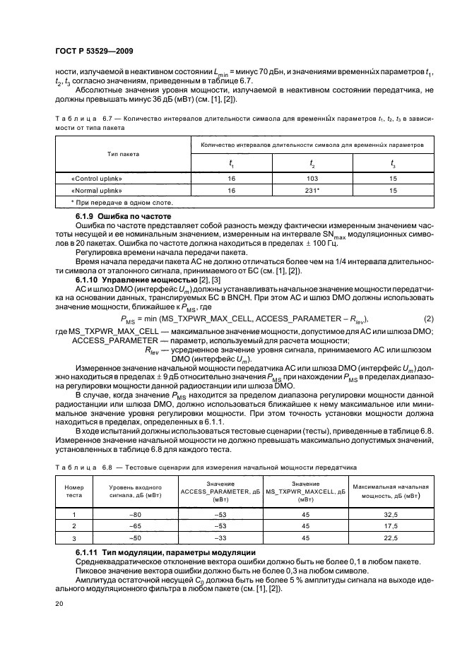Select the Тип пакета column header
point(123,153)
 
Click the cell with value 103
point(312,179)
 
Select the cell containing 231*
point(312,191)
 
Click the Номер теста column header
point(74,493)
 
